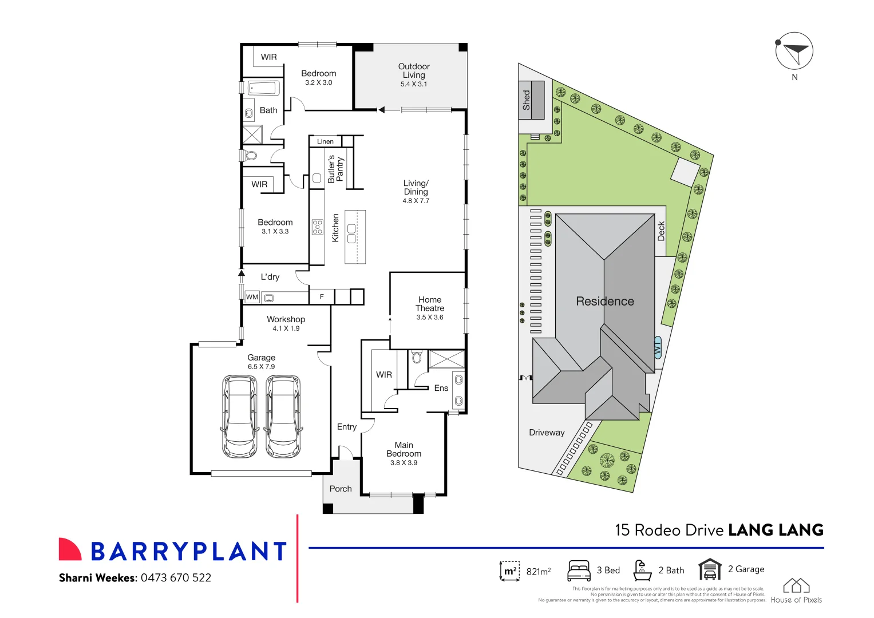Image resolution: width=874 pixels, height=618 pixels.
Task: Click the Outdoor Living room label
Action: tap(414, 71)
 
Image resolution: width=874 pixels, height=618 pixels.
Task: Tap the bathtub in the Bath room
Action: tap(264, 88)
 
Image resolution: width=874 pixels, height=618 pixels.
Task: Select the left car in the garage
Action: tap(239, 416)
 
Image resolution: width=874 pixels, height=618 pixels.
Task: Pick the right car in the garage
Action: tap(283, 416)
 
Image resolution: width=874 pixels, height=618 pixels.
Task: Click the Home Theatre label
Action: tap(430, 304)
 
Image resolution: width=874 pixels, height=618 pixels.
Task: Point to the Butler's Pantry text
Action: tap(335, 169)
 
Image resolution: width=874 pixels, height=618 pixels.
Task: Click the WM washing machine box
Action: tap(252, 297)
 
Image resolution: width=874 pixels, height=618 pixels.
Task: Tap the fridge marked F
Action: tap(322, 296)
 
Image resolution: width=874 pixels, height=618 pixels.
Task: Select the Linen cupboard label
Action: tap(325, 141)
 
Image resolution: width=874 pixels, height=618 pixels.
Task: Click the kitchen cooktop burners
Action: tap(317, 227)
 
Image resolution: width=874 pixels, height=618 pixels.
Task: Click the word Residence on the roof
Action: tap(605, 302)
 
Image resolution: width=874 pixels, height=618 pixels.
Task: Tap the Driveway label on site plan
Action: tap(547, 433)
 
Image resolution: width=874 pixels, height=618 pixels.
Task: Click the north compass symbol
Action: tap(794, 51)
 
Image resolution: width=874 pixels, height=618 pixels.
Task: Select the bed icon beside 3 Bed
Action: tap(579, 571)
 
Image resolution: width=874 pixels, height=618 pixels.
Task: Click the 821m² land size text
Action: tap(538, 571)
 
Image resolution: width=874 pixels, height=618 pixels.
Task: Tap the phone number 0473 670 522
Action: tap(176, 578)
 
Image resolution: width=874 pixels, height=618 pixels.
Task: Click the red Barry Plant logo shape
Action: tap(70, 549)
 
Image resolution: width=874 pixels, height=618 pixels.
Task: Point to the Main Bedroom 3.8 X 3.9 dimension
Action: tap(404, 463)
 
